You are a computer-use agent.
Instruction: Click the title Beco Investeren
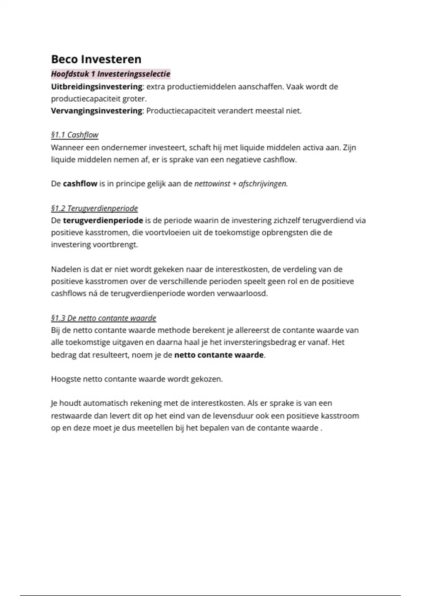[96, 59]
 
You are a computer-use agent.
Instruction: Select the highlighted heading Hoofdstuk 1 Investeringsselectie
[111, 74]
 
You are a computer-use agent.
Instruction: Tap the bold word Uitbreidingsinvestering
[96, 87]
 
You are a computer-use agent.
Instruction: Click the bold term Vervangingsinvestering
[96, 111]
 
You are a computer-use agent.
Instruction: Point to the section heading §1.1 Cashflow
[74, 135]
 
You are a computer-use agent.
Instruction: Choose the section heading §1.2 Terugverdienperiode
[94, 209]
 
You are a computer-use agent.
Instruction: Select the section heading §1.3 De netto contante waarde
[103, 318]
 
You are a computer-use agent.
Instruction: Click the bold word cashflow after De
[80, 184]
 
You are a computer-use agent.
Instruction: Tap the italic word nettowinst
[212, 184]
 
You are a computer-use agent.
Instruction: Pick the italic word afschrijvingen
[263, 184]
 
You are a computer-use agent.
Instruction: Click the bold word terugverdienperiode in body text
[103, 221]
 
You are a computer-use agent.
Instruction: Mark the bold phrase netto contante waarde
[219, 355]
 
